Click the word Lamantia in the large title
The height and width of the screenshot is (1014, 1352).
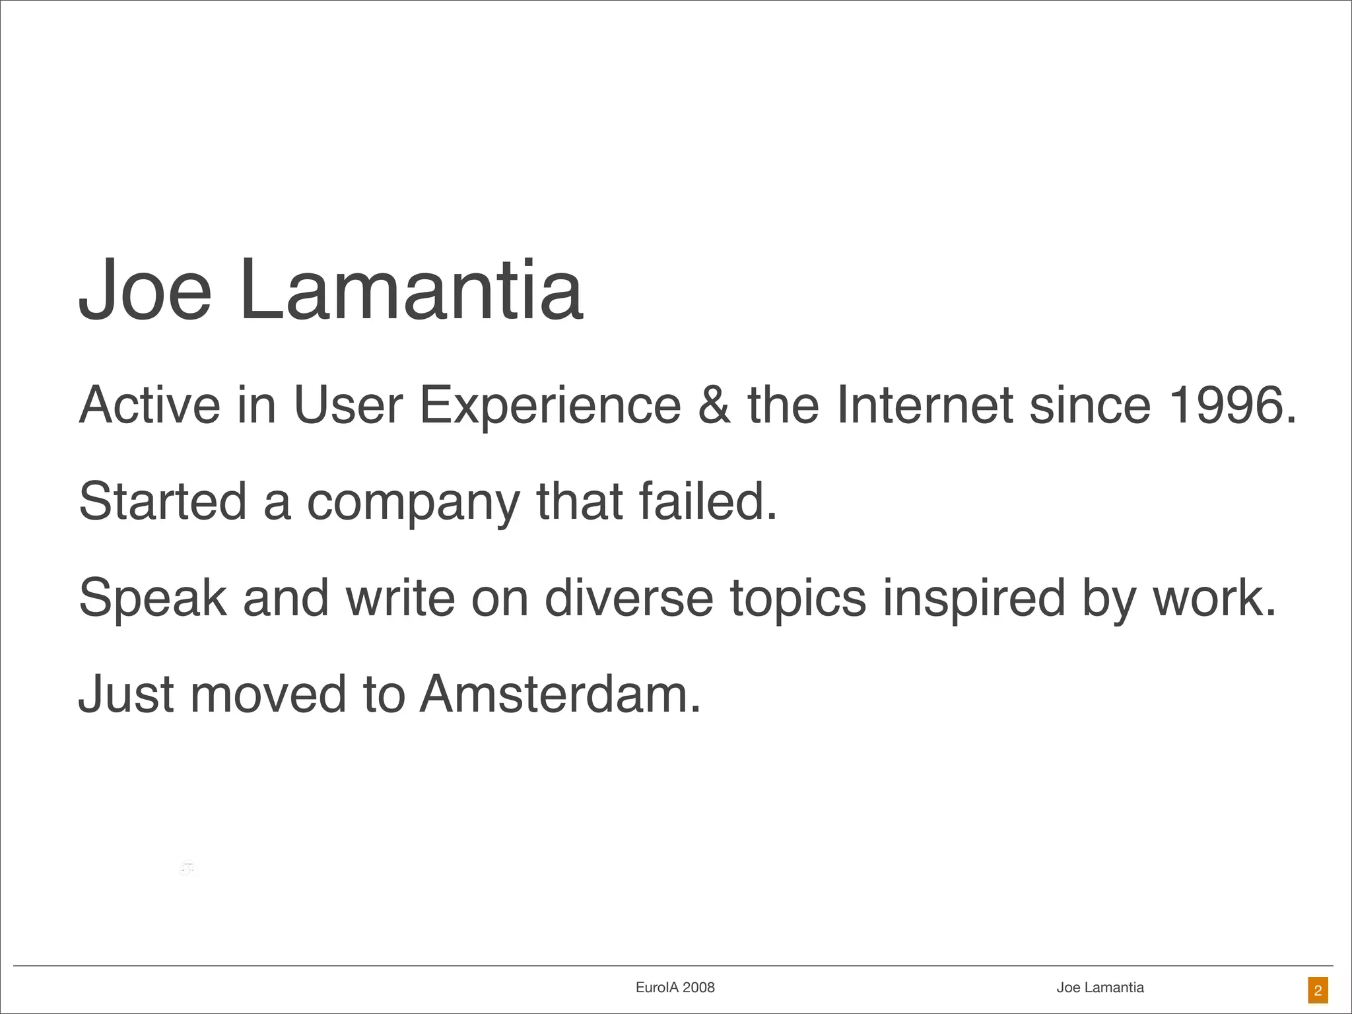point(411,290)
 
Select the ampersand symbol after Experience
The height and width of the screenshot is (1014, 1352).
point(714,405)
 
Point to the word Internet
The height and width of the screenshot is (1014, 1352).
point(924,405)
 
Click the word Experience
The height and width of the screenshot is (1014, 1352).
point(550,405)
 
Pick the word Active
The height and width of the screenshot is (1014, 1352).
point(150,405)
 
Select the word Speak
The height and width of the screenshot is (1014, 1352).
point(152,597)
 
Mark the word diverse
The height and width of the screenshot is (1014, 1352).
point(628,597)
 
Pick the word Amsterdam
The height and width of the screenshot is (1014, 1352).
point(560,694)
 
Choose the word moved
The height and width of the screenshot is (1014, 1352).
point(268,694)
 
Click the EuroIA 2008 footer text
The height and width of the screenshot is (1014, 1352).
point(675,988)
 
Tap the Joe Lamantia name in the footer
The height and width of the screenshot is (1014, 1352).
point(1100,988)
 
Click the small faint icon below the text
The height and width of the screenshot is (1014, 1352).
point(187,869)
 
